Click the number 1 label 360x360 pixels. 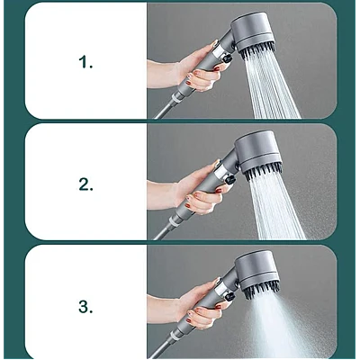click(85, 63)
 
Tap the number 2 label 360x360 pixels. click(85, 184)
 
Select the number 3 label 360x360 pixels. click(85, 307)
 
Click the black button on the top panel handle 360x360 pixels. click(227, 58)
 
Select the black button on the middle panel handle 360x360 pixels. click(230, 180)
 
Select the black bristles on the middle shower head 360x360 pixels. click(264, 174)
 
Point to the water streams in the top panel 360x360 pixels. click(272, 88)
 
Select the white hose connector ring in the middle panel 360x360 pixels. click(176, 221)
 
